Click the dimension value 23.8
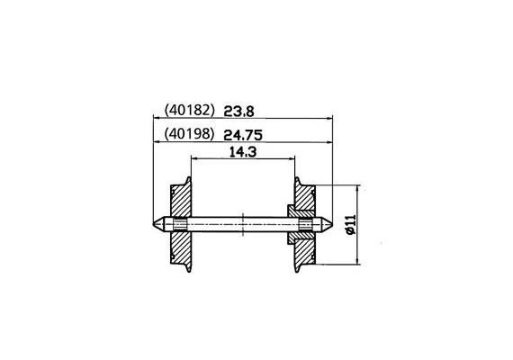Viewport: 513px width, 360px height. click(240, 112)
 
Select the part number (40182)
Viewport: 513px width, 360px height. click(188, 112)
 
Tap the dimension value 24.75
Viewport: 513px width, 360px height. click(244, 135)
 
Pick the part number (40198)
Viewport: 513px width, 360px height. click(188, 135)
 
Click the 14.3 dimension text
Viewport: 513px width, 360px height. click(241, 153)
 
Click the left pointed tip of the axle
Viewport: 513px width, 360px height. click(149, 224)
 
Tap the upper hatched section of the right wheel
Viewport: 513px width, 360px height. click(304, 200)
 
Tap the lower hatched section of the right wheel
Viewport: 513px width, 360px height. click(304, 247)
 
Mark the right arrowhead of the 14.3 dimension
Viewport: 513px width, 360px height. click(292, 160)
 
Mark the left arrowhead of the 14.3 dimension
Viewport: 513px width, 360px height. click(193, 160)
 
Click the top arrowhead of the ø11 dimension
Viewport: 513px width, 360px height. click(357, 189)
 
